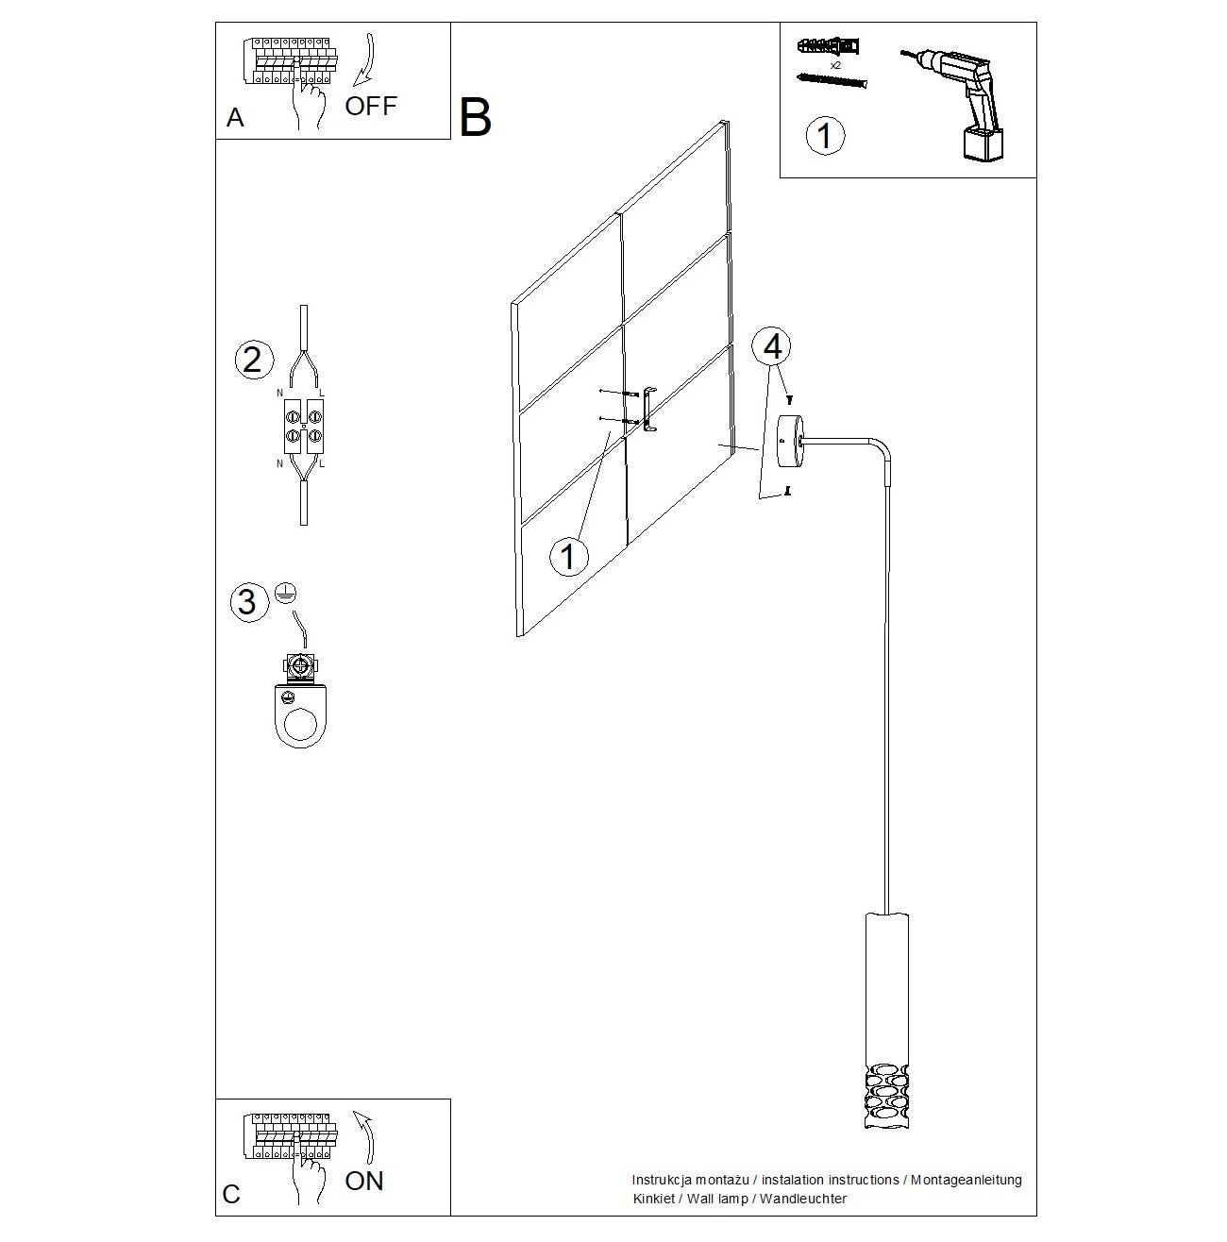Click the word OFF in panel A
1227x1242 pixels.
coord(371,107)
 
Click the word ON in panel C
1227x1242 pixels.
coord(364,1181)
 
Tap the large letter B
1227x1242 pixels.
coord(475,117)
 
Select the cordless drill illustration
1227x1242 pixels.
coord(954,103)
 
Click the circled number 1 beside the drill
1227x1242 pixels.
coord(825,136)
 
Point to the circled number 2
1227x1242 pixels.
coord(253,360)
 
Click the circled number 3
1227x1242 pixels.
coord(249,603)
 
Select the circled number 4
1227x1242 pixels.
coord(771,346)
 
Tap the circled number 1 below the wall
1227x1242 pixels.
coord(568,556)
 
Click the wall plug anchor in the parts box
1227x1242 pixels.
coord(829,47)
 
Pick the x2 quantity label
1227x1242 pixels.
coord(835,65)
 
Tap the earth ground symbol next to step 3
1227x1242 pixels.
coord(286,593)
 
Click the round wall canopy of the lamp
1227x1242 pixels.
coord(790,442)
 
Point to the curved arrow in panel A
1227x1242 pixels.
coord(365,60)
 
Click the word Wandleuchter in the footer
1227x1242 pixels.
coord(802,1199)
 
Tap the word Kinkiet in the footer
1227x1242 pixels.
coord(654,1199)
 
